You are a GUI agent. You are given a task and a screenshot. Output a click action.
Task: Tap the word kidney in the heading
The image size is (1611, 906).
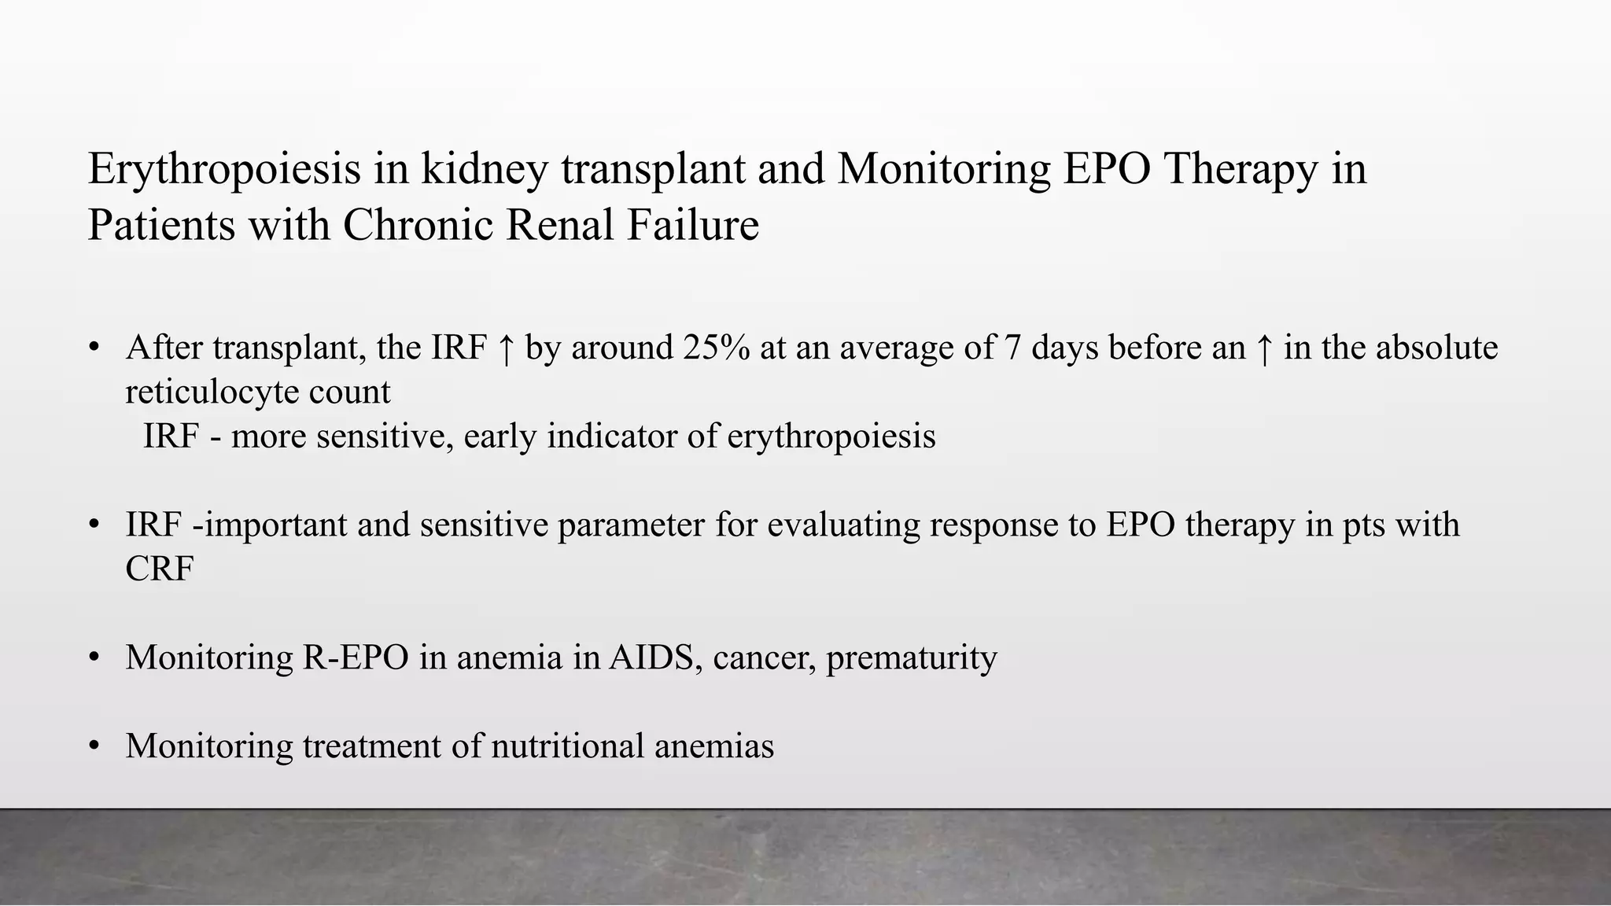484,170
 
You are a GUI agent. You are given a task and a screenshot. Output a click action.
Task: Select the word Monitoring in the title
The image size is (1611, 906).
943,170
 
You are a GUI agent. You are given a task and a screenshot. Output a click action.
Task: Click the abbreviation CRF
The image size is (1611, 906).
159,569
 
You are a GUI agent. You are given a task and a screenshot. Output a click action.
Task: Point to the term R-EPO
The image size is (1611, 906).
355,657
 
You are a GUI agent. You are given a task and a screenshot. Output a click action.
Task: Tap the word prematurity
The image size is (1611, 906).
911,657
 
